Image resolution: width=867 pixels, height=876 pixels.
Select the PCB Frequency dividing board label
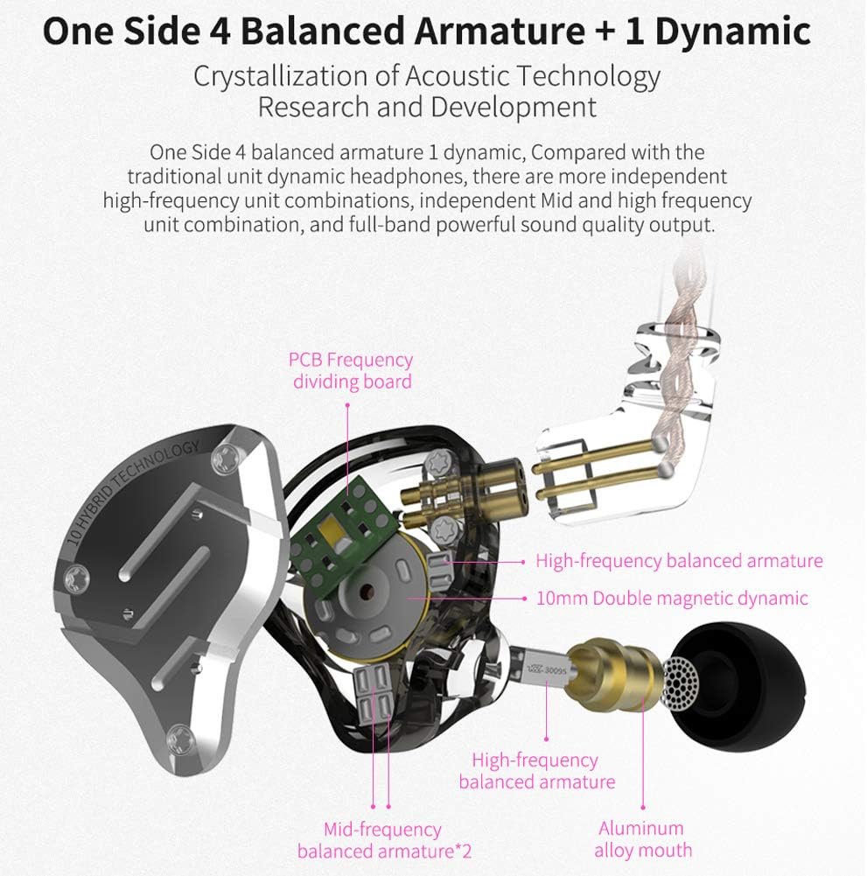click(352, 370)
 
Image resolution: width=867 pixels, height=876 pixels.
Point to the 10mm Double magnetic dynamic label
click(672, 599)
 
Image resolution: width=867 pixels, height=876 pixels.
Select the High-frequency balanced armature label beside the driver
click(679, 561)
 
